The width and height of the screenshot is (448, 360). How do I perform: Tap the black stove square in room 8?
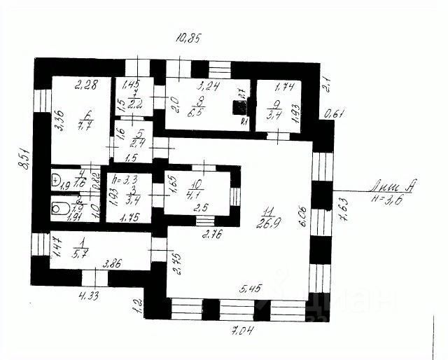[241, 108]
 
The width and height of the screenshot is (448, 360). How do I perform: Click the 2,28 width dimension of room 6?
[85, 87]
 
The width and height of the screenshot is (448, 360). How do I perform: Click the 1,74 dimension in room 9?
[284, 88]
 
